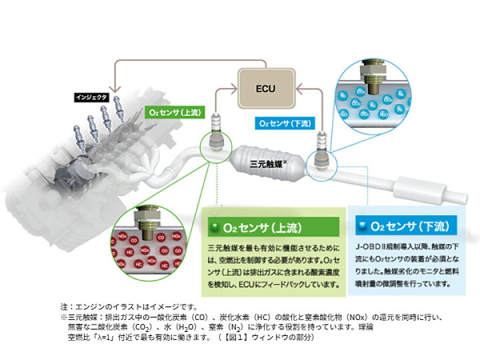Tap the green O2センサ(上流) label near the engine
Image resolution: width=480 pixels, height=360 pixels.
click(174, 112)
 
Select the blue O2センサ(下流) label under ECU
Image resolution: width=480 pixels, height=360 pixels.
click(283, 123)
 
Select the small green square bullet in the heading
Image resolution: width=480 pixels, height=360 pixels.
click(215, 227)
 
